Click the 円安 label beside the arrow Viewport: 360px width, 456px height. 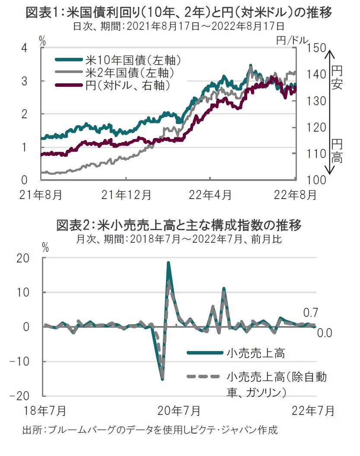point(337,77)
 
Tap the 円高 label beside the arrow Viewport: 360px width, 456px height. point(337,151)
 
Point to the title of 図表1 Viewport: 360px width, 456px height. point(179,13)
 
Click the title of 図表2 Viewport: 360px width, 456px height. point(179,225)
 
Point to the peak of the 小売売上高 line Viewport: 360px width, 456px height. point(168,263)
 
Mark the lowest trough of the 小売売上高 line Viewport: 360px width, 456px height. point(162,380)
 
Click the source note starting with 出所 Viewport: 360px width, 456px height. point(149,430)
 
